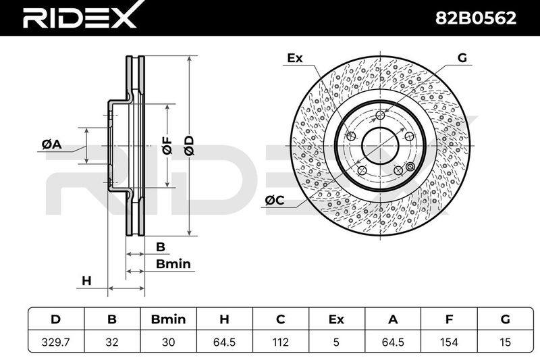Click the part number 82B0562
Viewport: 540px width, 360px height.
tap(476, 18)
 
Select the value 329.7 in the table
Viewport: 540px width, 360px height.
tap(55, 342)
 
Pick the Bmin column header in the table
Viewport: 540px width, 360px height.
tap(168, 319)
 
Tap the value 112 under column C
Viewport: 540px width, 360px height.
tap(280, 342)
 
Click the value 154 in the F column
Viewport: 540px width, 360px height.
tap(449, 342)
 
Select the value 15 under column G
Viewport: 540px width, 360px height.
tap(505, 342)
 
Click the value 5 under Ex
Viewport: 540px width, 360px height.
tap(336, 342)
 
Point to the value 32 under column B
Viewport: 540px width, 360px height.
tap(112, 342)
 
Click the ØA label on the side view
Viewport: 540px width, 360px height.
tap(52, 145)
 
